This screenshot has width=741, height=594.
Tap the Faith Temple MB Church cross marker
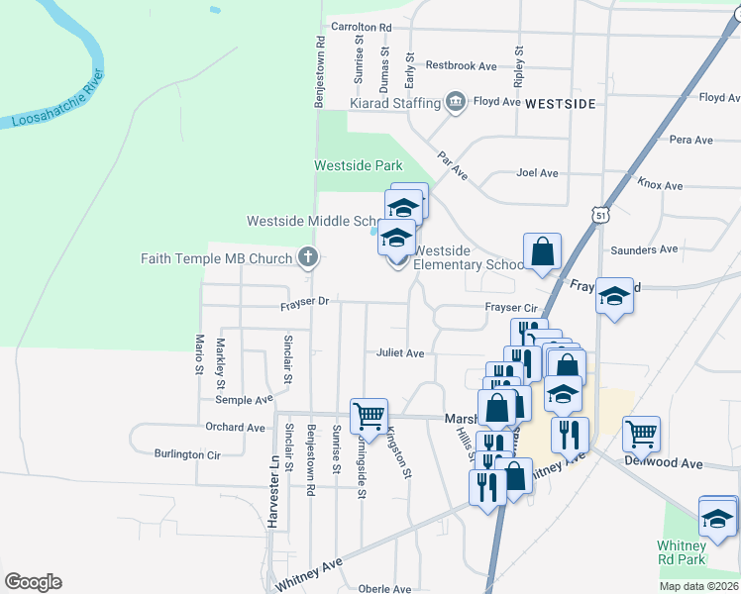pyautogui.click(x=308, y=258)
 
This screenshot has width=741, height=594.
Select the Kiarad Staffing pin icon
pyautogui.click(x=456, y=101)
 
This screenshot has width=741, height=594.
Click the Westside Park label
pyautogui.click(x=359, y=165)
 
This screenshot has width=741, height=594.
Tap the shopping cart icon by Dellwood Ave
pyautogui.click(x=641, y=433)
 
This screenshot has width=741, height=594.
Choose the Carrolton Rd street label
pyautogui.click(x=362, y=28)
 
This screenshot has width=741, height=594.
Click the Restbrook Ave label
pyautogui.click(x=461, y=65)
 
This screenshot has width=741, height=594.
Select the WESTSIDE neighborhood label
pyautogui.click(x=561, y=103)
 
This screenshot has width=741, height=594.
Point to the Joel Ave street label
pyautogui.click(x=537, y=173)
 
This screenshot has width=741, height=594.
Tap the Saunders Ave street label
pyautogui.click(x=644, y=249)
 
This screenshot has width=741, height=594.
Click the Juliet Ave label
pyautogui.click(x=400, y=353)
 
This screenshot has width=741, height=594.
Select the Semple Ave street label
pyautogui.click(x=244, y=400)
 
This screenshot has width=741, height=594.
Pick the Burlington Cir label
pyautogui.click(x=186, y=455)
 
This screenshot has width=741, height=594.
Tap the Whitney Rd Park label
pyautogui.click(x=682, y=552)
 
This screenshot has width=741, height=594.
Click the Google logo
pyautogui.click(x=33, y=581)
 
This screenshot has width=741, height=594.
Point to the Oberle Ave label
pyautogui.click(x=384, y=588)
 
